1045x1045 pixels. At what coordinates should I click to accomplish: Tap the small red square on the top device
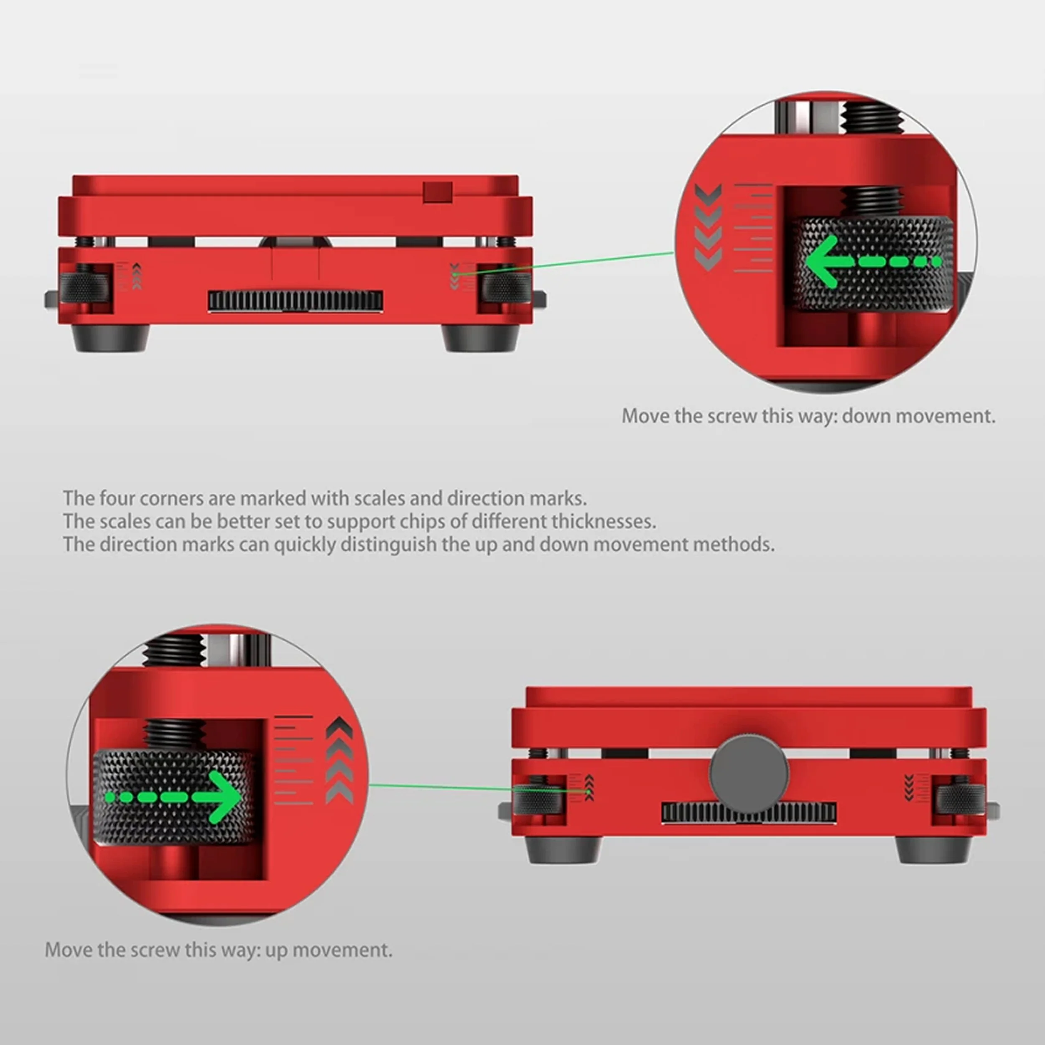point(438,192)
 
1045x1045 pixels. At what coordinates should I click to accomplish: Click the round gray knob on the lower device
point(749,773)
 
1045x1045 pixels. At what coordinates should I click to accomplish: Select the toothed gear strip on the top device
point(296,301)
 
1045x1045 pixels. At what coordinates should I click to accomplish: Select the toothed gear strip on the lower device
point(749,813)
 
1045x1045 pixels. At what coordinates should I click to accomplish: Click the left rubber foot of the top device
point(110,338)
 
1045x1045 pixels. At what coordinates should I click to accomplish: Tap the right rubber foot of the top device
point(480,338)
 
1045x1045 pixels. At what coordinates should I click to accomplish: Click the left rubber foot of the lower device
point(563,850)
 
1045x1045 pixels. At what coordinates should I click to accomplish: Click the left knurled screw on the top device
point(84,287)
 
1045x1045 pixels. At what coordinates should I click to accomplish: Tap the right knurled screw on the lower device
point(961,800)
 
